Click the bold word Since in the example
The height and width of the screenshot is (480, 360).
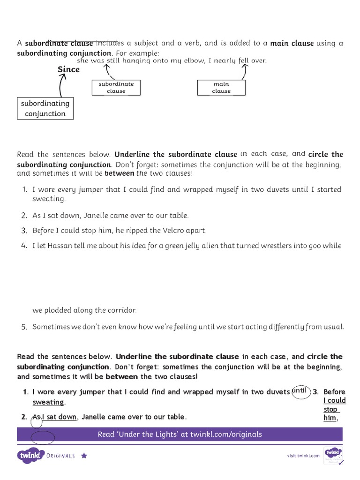coord(68,69)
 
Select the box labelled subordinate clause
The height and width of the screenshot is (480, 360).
coord(116,88)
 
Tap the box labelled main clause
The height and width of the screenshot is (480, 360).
coord(221,88)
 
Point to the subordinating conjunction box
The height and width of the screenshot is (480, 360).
coord(45,108)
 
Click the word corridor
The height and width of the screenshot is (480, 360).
coord(121,310)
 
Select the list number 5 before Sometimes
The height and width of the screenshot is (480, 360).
coord(24,327)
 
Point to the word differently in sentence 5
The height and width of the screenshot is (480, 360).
coord(283,327)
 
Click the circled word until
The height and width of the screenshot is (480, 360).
coord(299,390)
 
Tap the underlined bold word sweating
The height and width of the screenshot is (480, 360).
coord(48,402)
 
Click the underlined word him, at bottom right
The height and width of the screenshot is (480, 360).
coord(330,418)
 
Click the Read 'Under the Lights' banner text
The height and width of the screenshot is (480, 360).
coord(180,434)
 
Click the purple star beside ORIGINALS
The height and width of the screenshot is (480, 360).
coord(84,455)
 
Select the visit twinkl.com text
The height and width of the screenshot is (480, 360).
coord(303,455)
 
